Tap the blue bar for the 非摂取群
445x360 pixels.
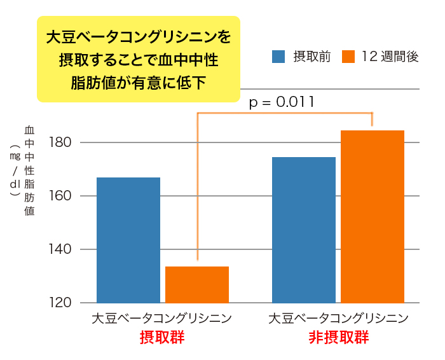tap(304, 230)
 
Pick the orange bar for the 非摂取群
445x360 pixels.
tap(373, 216)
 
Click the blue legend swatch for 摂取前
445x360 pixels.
tap(278, 57)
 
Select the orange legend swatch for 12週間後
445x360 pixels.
tap(347, 57)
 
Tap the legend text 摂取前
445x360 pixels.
tap(311, 57)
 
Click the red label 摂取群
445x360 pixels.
tap(162, 337)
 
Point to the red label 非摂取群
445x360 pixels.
tap(338, 337)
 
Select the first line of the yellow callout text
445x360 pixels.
tap(138, 36)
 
